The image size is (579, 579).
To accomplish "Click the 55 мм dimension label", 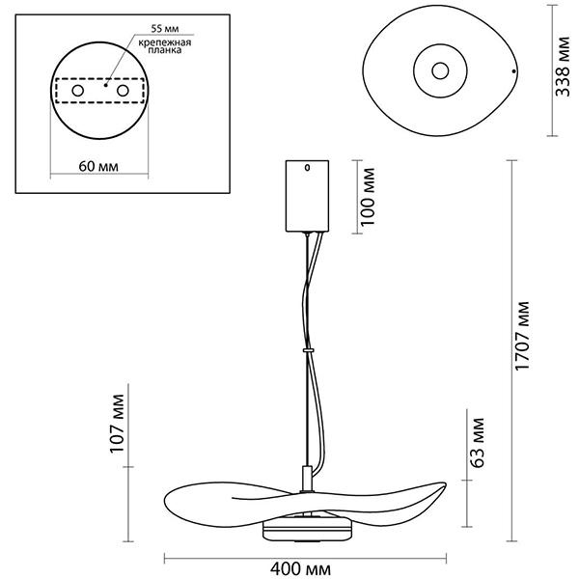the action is [x=165, y=28].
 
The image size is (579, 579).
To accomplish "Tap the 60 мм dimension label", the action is [x=98, y=167].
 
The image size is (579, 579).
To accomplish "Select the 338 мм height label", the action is [x=564, y=67].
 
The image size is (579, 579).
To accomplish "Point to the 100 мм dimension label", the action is [x=368, y=197].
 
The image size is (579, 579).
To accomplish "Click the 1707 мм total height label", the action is [x=522, y=336].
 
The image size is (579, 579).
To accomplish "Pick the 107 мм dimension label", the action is [x=118, y=424].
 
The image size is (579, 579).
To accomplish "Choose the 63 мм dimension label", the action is [x=477, y=443].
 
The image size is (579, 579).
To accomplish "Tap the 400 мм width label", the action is [x=300, y=569].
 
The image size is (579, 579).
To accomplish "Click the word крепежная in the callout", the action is [x=165, y=42].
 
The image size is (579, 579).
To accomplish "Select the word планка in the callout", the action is [x=165, y=50].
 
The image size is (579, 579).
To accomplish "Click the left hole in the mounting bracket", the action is [x=78, y=91].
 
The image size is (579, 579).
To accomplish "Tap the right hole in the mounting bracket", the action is [x=123, y=91].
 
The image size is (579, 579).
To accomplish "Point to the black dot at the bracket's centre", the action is [x=105, y=85].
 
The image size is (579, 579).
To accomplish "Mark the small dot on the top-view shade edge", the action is [x=513, y=70].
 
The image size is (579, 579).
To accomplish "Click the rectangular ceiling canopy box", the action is [x=307, y=196].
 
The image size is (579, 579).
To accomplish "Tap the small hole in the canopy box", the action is [x=307, y=168].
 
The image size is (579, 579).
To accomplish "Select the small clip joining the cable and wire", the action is [x=308, y=349].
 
